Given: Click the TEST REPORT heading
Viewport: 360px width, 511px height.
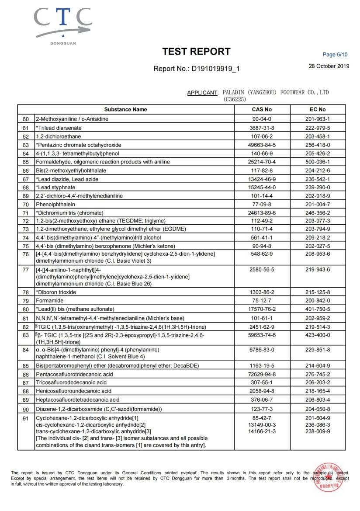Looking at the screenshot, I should point(196,52).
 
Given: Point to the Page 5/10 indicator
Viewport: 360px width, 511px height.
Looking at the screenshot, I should point(335,55).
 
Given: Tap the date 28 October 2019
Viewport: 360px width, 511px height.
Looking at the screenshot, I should point(329,66).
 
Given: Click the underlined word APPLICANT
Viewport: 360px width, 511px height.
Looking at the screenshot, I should point(202,93).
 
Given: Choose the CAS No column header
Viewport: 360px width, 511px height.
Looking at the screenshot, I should point(262,109).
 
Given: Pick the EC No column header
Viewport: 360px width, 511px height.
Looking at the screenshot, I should point(317,109).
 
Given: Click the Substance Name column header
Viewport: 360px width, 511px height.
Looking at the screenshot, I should point(125,109).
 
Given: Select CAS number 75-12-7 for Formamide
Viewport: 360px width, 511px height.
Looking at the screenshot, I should point(262,301).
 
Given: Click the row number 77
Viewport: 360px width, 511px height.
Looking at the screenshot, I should point(25,270).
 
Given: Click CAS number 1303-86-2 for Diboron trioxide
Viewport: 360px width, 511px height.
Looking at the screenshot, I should point(262,292).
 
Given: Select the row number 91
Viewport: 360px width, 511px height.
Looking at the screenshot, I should point(25,418).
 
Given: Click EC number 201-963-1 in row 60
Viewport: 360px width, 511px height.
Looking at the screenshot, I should point(317,119).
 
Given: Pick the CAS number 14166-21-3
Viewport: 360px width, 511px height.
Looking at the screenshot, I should point(262,431).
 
